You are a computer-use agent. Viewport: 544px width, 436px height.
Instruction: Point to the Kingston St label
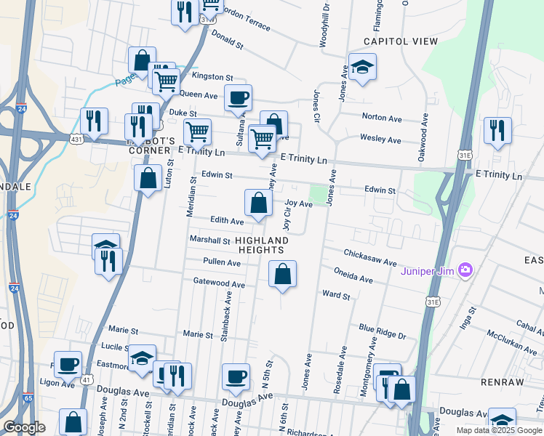pos(212,77)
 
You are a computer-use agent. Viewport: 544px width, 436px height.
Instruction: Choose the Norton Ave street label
pos(382,118)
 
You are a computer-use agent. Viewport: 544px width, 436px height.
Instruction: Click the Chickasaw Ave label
pos(370,257)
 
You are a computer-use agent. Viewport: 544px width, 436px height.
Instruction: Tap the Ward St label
pos(336,296)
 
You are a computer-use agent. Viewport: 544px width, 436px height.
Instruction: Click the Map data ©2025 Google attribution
pos(498,430)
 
